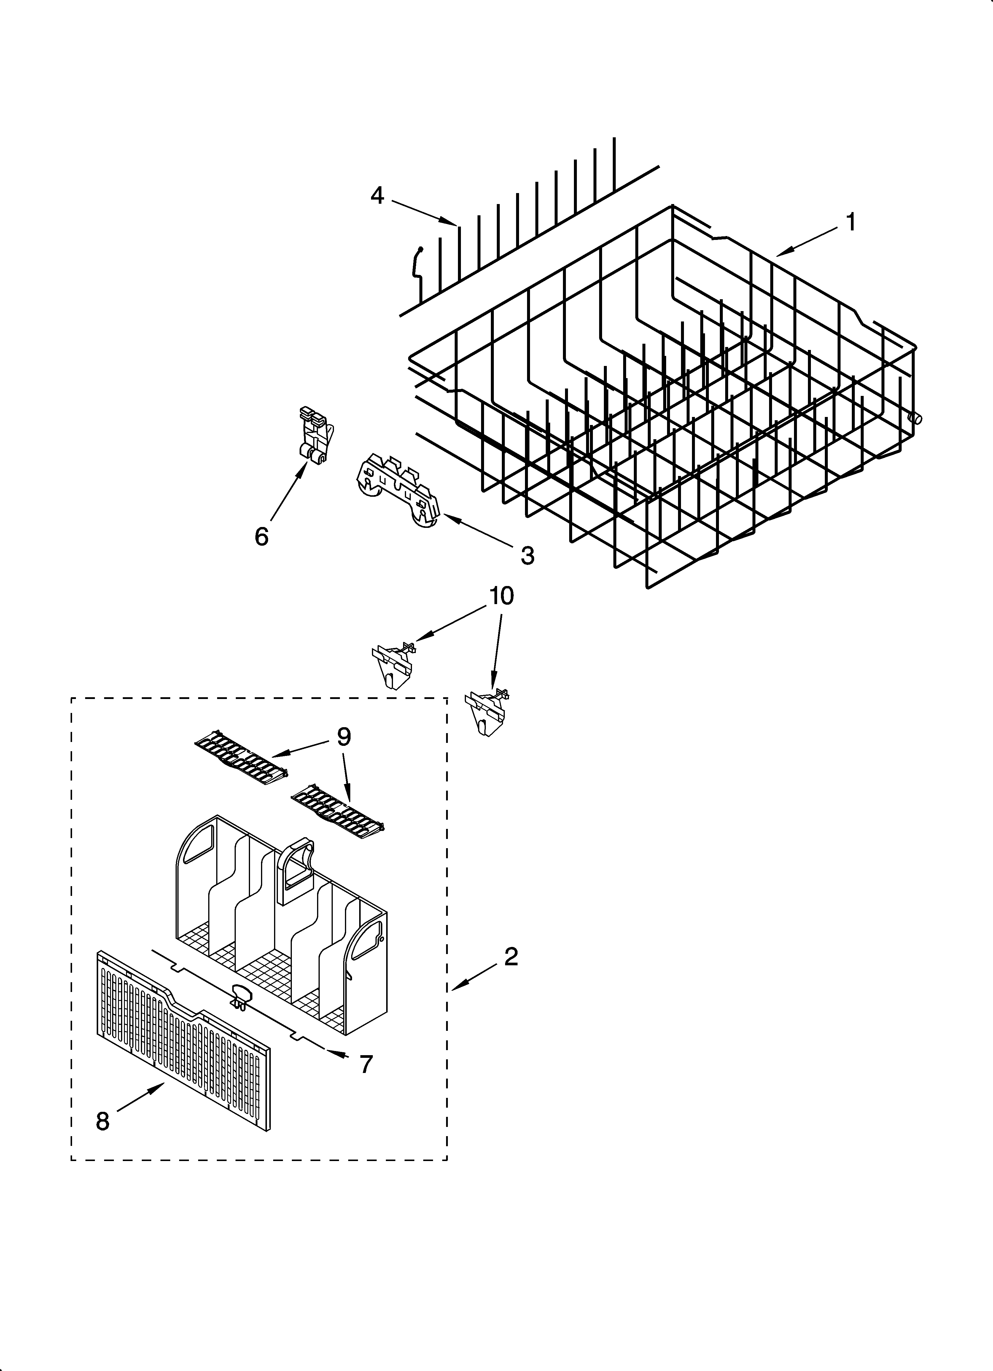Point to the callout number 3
[x=527, y=555]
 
